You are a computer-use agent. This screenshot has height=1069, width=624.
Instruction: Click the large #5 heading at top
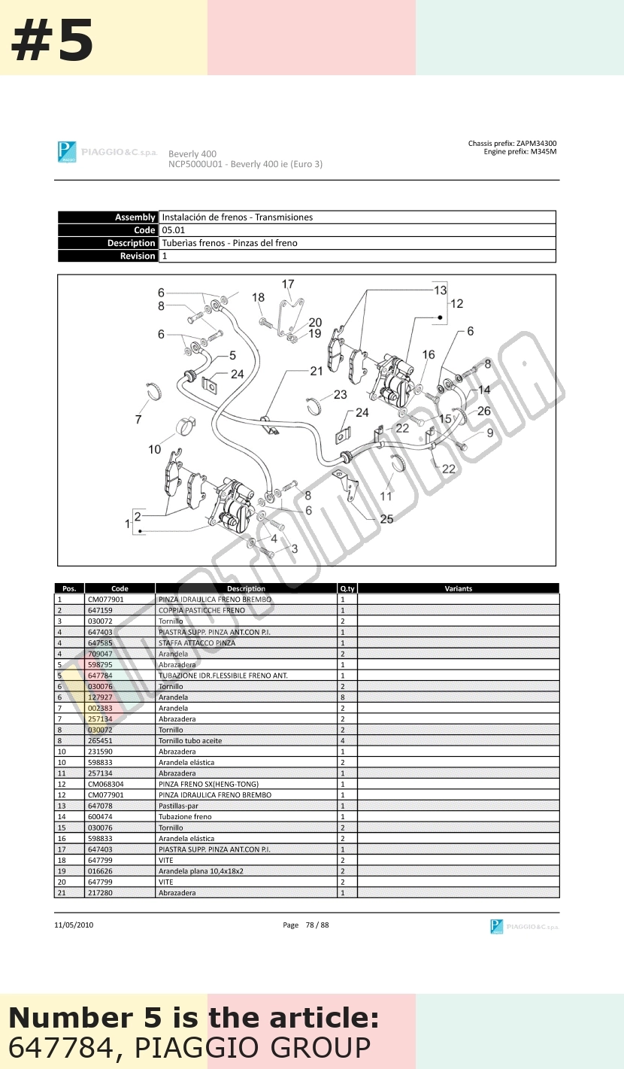(52, 41)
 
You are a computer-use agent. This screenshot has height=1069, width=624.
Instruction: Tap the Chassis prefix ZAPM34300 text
(512, 143)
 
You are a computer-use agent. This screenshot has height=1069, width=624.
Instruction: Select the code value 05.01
(173, 230)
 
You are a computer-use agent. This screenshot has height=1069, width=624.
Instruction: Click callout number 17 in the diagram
(288, 284)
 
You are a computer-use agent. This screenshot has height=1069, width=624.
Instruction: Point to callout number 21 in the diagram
(317, 371)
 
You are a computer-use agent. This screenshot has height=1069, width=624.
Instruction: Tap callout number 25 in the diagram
(386, 519)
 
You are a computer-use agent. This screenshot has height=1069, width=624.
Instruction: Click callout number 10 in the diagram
(155, 449)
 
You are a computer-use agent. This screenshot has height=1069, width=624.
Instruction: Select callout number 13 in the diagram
(441, 290)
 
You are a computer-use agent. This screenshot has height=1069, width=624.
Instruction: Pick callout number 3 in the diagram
(295, 549)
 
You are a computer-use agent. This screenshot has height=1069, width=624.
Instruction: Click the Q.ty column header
(347, 588)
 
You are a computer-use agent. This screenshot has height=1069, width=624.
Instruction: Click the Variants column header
(458, 588)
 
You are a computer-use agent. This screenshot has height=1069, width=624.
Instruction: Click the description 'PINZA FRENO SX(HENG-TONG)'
(208, 784)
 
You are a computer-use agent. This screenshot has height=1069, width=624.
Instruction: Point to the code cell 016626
(100, 871)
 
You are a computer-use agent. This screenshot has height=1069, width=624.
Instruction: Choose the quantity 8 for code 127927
(343, 697)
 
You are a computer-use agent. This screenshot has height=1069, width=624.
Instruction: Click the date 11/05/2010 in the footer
(74, 925)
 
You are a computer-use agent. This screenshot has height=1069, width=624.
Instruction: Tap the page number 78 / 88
(317, 925)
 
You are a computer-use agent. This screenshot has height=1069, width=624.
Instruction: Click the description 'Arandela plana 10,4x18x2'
(201, 871)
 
